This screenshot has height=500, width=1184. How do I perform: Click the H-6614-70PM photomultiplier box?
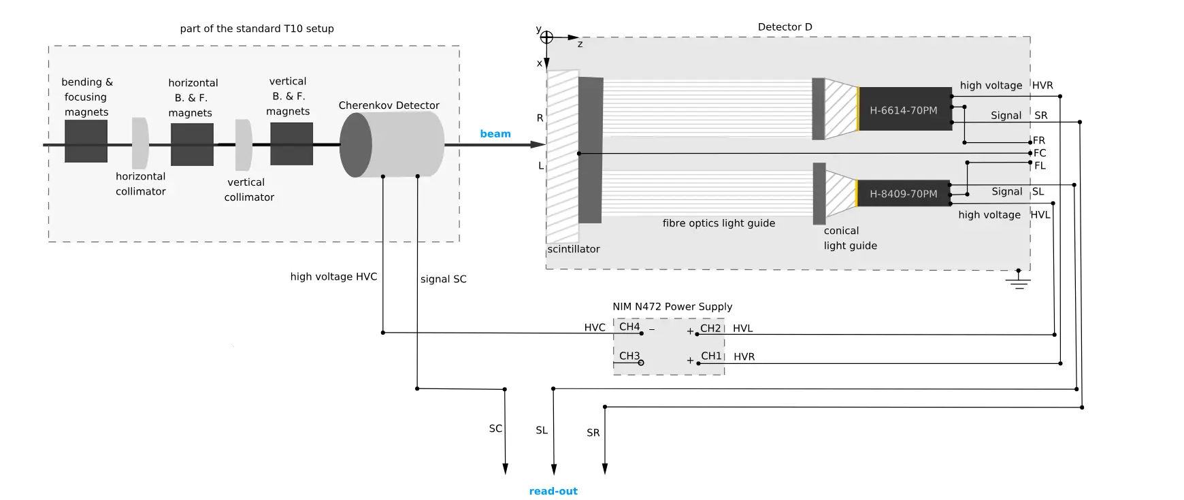tap(904, 109)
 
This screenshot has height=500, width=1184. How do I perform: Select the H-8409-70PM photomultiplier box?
tap(903, 193)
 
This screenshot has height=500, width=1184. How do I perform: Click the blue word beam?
tap(495, 134)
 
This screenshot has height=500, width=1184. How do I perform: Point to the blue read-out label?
tap(553, 491)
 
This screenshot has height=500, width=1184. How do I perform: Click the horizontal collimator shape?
tap(139, 144)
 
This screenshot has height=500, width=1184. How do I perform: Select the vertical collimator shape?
tap(243, 145)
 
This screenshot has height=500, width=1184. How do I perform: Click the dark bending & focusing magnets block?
tap(86, 141)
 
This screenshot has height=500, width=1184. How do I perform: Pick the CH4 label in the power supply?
tap(629, 327)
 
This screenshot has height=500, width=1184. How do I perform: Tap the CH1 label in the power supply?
tap(711, 356)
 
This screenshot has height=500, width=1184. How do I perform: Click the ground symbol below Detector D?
tap(1018, 280)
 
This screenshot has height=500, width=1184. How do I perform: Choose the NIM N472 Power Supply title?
tap(672, 307)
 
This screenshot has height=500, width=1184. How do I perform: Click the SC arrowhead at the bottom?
tap(505, 469)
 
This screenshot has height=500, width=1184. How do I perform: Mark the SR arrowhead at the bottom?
tap(604, 469)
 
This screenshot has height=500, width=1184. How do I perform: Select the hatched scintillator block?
tap(563, 156)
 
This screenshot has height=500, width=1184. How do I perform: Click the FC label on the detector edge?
tap(1040, 153)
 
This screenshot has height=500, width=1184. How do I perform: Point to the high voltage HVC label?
tap(333, 277)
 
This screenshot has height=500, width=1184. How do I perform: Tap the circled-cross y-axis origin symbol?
tap(546, 37)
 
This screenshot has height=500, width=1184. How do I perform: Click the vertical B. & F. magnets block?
tap(291, 144)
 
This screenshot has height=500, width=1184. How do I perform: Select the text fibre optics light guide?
tap(719, 223)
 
